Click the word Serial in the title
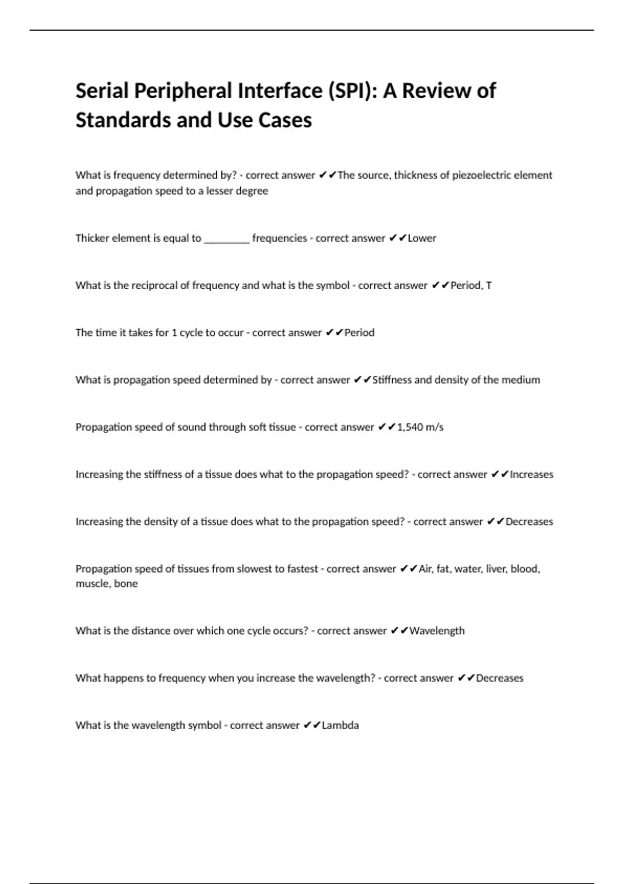click(x=102, y=91)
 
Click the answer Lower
click(x=422, y=238)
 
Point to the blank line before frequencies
click(x=227, y=239)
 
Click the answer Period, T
click(x=471, y=285)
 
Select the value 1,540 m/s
click(x=420, y=427)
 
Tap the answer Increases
click(x=531, y=474)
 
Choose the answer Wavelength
click(x=437, y=631)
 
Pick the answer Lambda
click(x=340, y=725)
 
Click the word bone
click(x=126, y=583)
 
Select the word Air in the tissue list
click(x=425, y=569)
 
